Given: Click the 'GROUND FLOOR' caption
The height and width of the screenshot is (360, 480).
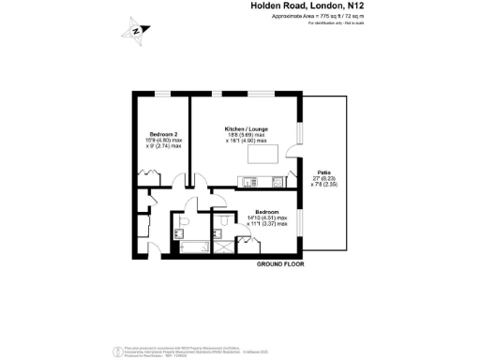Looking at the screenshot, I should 283,264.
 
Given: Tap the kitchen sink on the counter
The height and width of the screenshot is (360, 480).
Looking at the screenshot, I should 247,181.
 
